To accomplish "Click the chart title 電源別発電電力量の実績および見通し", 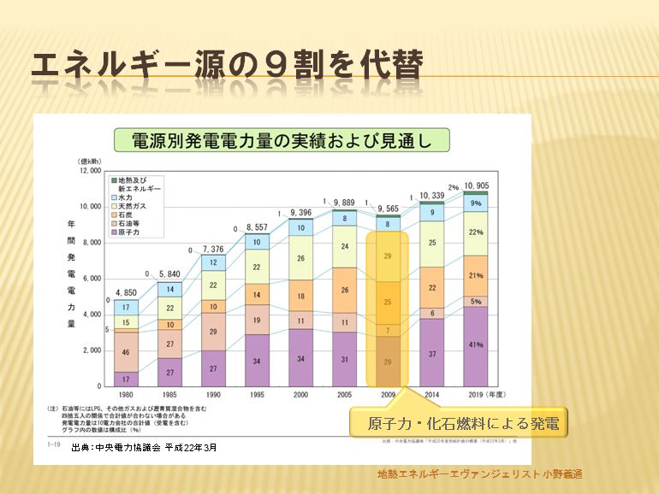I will coord(282,140).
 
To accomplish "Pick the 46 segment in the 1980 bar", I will coord(126,351).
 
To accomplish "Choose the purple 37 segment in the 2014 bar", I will coord(432,353).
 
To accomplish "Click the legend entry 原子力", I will coord(131,232).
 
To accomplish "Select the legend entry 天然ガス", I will coord(134,205).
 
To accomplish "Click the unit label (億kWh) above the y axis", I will coord(90,160).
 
